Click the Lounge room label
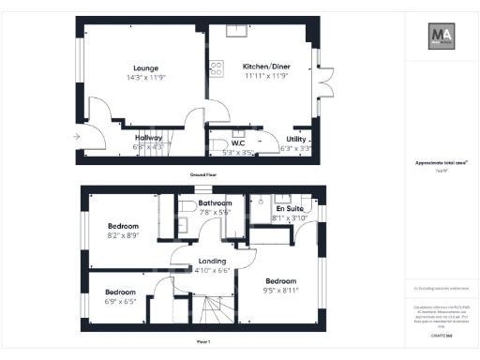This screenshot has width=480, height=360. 144,67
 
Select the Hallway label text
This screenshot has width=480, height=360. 149,137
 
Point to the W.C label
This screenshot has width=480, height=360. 225,143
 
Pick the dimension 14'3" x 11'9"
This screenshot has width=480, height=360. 144,78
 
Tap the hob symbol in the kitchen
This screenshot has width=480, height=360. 216,67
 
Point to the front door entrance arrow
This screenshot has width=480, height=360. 76,137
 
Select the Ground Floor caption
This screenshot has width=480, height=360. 203,175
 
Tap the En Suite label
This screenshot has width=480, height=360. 288,208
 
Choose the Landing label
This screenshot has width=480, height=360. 204,261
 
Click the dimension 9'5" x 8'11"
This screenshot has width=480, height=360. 281,292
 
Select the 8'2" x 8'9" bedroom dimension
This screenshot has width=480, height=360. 123,236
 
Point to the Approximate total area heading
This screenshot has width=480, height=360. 441,162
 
